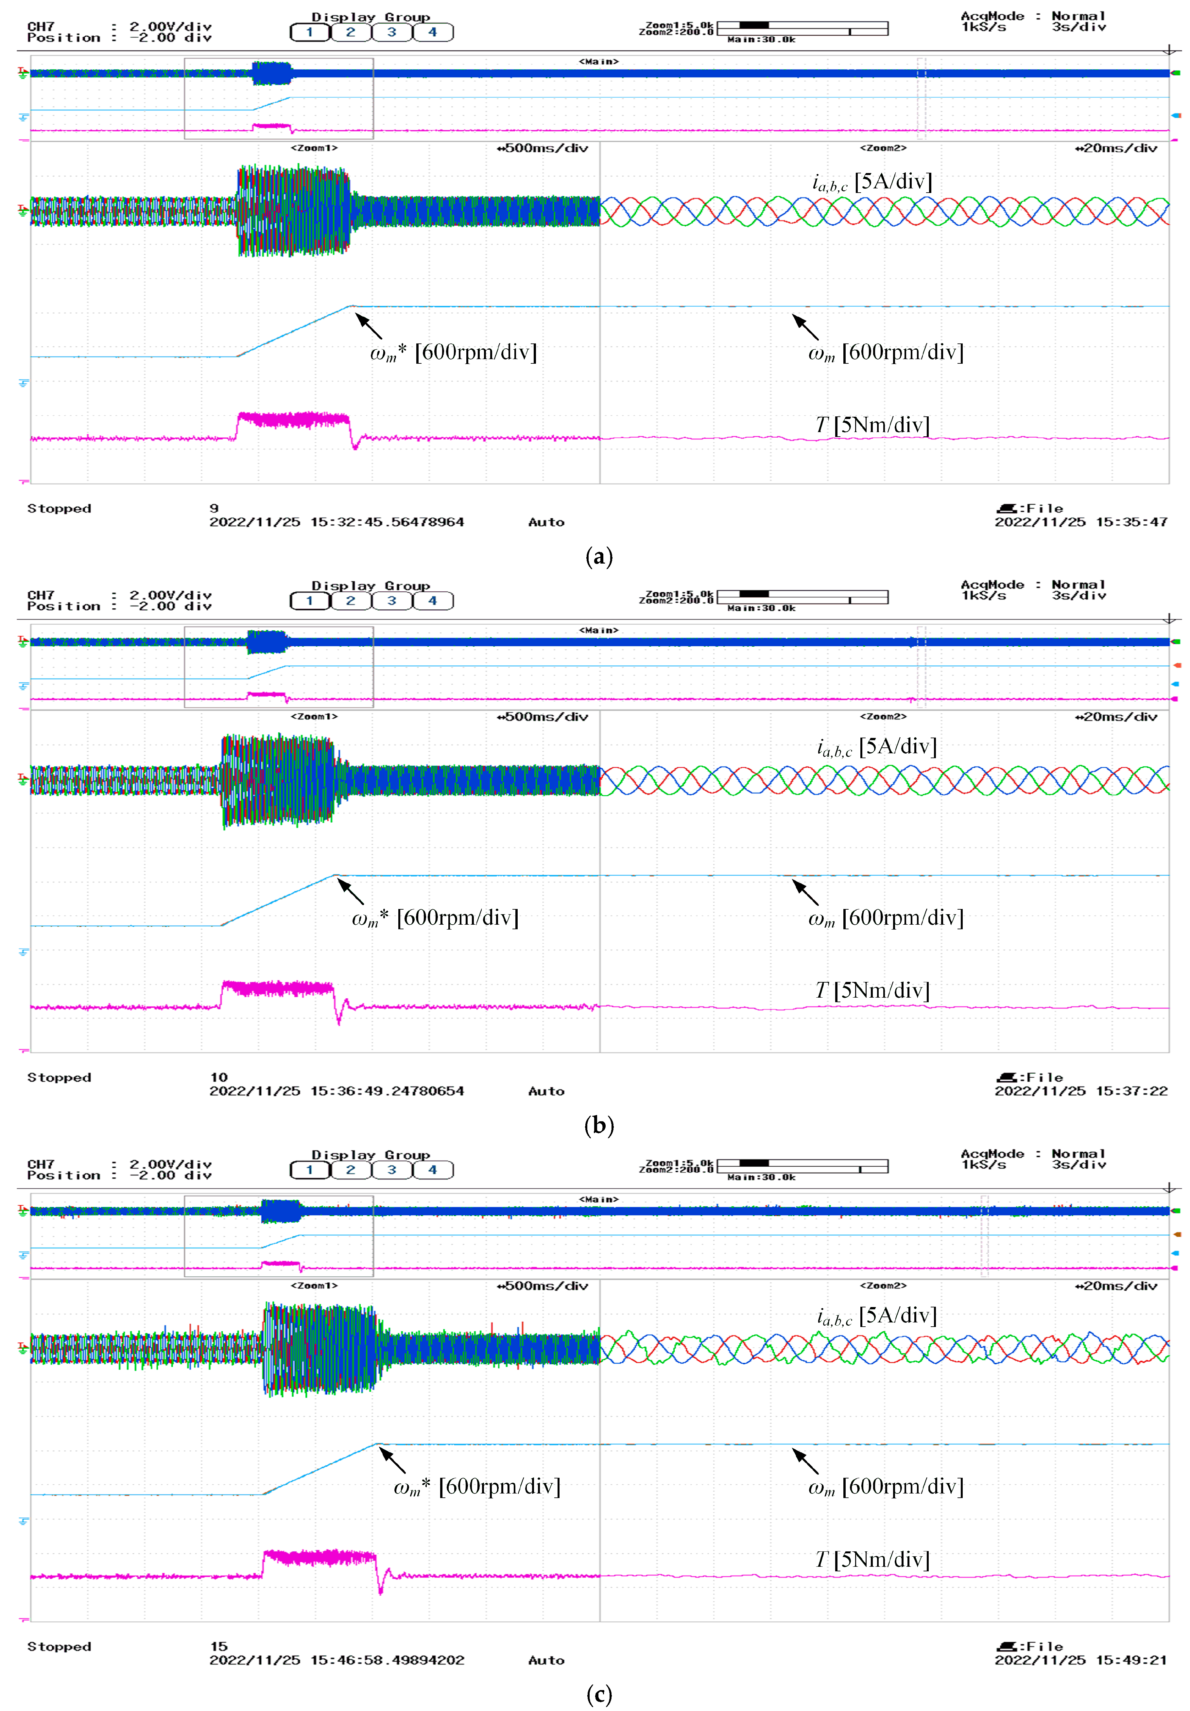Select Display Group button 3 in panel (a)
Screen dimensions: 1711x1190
[391, 32]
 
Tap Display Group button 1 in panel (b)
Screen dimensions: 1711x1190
[309, 601]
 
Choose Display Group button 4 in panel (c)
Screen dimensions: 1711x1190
[432, 1169]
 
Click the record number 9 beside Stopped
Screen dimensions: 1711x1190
[214, 508]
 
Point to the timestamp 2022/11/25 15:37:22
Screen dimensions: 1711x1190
[1080, 1091]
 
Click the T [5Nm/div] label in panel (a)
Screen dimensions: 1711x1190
[872, 425]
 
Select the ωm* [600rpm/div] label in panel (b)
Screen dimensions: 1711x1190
[435, 917]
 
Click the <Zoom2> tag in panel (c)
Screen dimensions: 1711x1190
[883, 1285]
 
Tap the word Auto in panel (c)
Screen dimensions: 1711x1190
[546, 1660]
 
